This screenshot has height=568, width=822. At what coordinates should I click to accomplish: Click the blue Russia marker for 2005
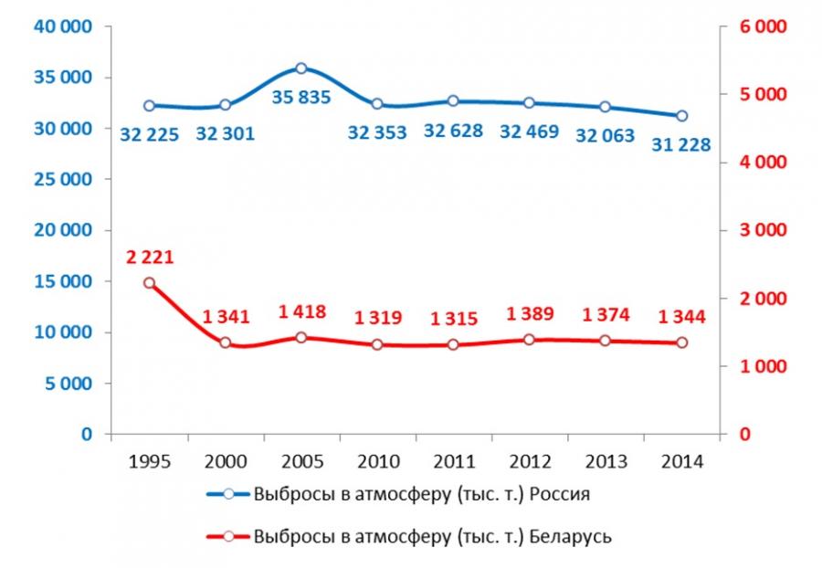[301, 68]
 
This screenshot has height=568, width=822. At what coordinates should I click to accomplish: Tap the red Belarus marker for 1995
[150, 283]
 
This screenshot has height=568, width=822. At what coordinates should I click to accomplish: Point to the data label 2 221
[150, 259]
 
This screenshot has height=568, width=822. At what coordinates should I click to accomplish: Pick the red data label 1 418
[300, 312]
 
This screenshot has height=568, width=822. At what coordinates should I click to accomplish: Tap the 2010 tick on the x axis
[377, 460]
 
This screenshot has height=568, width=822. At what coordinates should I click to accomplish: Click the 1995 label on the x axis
[150, 460]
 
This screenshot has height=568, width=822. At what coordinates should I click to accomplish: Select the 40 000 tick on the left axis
[63, 27]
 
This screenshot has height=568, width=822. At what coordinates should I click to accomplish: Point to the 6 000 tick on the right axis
[762, 27]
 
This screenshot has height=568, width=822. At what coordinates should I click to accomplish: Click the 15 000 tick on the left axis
[63, 281]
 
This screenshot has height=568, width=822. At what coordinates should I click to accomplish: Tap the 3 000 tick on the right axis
[762, 230]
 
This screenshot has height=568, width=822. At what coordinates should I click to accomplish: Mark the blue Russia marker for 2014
[681, 116]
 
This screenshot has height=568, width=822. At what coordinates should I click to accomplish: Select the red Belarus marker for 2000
[226, 343]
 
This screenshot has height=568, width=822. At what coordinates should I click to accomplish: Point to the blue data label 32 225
[150, 133]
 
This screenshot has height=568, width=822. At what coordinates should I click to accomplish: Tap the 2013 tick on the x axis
[606, 460]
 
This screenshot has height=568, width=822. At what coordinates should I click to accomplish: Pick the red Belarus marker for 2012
[530, 340]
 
